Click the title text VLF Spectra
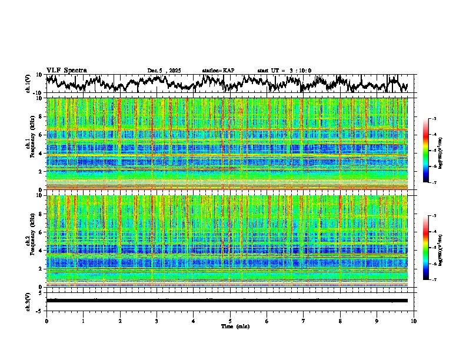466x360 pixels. pos(66,70)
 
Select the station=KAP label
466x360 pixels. pos(218,71)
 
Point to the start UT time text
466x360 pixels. pos(284,71)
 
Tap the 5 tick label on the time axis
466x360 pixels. pos(230,321)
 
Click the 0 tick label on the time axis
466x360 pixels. pos(46,321)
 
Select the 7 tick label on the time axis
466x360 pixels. pos(304,321)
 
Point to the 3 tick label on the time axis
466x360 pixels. pos(157,321)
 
